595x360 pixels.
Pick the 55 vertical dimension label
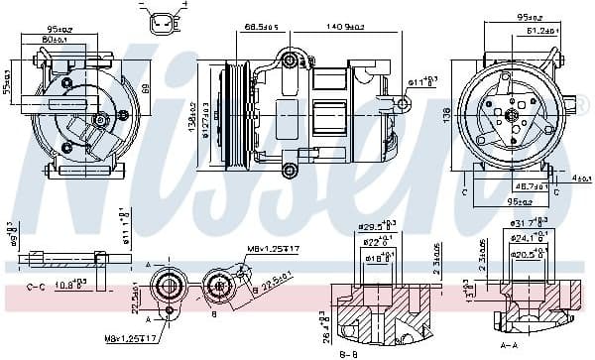(x=8, y=72)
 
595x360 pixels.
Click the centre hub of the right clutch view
(x=512, y=115)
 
